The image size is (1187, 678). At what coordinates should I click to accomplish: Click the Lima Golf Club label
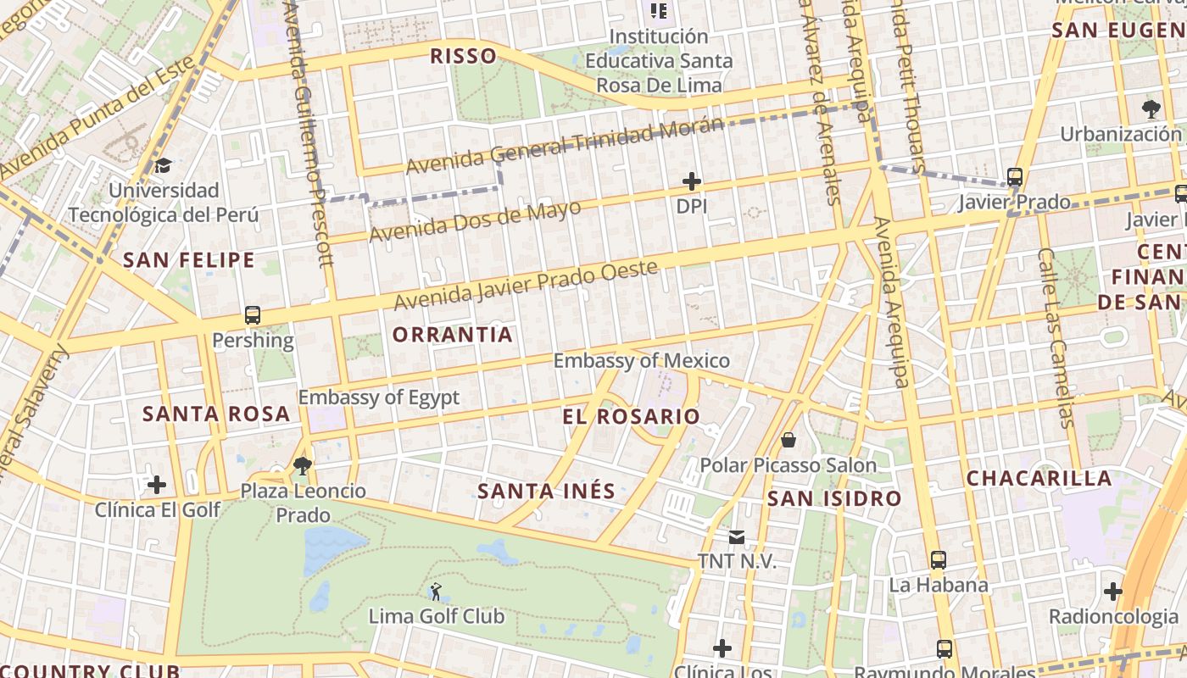tap(436, 616)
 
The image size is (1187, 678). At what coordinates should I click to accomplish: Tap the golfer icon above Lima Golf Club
tap(436, 591)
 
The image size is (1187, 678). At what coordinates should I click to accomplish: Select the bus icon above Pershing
tap(253, 315)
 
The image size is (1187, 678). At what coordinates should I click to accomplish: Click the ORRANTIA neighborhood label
tap(453, 335)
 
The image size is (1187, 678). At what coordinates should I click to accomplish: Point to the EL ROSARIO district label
tap(632, 416)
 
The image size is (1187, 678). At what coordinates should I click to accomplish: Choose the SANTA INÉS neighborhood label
tap(546, 491)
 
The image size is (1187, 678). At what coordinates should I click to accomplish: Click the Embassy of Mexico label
tap(641, 361)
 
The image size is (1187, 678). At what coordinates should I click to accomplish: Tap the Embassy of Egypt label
tap(378, 397)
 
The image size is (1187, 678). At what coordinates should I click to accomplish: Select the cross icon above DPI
tap(692, 181)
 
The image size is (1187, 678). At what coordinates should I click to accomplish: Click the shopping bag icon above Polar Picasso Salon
tap(789, 440)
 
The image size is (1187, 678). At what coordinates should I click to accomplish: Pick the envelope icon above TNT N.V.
tap(736, 536)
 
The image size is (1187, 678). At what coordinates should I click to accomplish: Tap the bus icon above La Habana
tap(939, 559)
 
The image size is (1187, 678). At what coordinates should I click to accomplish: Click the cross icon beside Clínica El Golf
tap(157, 485)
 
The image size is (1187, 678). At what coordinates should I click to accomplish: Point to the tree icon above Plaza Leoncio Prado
tap(302, 464)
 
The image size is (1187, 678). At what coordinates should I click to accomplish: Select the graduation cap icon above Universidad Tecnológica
tap(163, 165)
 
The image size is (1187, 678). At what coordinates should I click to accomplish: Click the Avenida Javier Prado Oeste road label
tap(526, 286)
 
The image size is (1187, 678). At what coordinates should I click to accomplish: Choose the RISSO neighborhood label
tap(463, 57)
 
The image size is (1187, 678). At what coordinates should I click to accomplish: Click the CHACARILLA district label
tap(1039, 478)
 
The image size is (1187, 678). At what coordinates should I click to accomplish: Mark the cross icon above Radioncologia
tap(1113, 591)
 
